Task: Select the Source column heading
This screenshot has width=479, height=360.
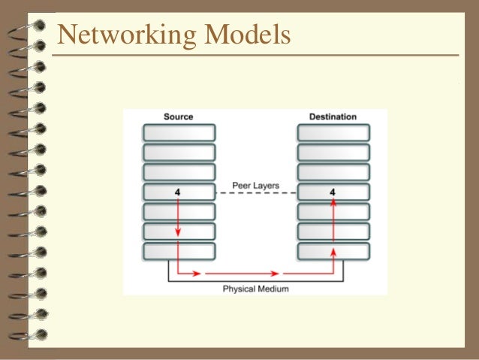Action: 178,116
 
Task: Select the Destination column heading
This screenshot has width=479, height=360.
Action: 333,116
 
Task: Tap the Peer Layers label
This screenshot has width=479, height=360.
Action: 256,185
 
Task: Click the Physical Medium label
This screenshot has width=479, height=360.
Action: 256,288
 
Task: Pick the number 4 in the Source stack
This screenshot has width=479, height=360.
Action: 177,192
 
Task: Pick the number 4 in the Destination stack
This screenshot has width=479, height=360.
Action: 333,192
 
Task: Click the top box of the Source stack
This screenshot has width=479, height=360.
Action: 178,133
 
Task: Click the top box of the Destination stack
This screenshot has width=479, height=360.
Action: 333,133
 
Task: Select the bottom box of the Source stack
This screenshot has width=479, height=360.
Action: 178,250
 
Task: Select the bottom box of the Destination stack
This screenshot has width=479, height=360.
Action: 333,250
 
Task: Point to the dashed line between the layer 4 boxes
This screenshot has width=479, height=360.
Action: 256,193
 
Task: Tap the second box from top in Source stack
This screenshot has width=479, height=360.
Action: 178,153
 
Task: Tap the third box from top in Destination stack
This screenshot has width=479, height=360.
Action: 333,172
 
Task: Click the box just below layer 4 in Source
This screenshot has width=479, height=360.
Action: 178,211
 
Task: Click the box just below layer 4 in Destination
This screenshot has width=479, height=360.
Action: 333,211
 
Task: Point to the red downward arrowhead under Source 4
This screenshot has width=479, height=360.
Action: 178,233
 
